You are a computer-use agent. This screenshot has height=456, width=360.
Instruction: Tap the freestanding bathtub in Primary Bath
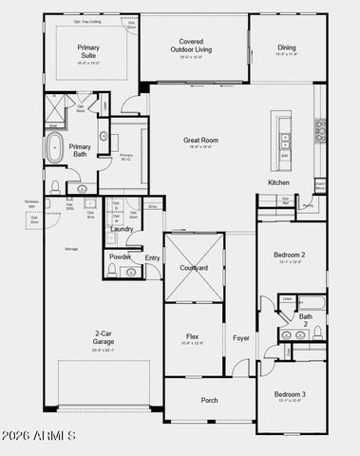[x=55, y=147]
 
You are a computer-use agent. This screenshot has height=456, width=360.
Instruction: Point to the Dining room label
[x=287, y=47]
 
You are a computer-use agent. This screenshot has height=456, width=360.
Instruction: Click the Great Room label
[x=200, y=141]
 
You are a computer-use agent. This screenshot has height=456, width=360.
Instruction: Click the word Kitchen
[x=278, y=182]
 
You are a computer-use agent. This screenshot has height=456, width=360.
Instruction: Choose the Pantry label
[x=308, y=204]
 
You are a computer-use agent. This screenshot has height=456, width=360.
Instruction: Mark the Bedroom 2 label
[x=289, y=256]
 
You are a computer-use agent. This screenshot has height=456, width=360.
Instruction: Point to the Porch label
[x=209, y=400]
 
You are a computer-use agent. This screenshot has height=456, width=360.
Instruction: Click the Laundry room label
[x=122, y=229]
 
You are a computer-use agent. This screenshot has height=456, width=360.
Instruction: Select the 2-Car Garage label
[x=104, y=337]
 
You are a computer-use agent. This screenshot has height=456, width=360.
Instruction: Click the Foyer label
[x=241, y=337]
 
